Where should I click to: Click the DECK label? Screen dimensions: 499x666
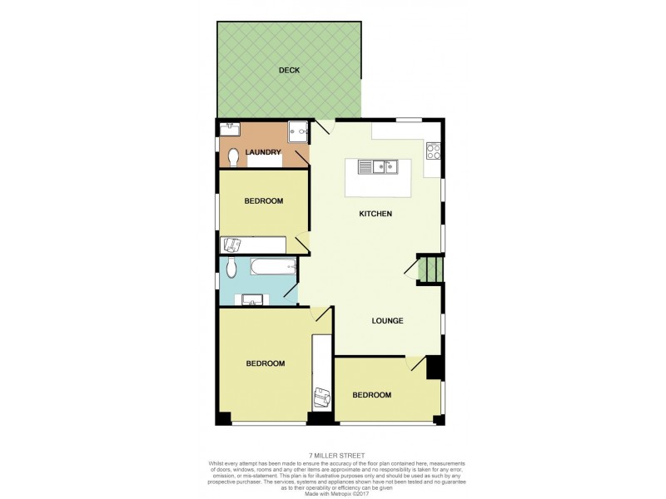pyautogui.click(x=289, y=71)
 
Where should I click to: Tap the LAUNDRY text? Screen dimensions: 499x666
pyautogui.click(x=264, y=152)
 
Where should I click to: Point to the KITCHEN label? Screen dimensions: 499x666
pyautogui.click(x=375, y=215)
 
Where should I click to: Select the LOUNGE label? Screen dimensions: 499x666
pyautogui.click(x=388, y=321)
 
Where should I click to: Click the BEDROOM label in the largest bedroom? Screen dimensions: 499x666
pyautogui.click(x=265, y=363)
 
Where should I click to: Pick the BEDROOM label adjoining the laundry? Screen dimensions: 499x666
pyautogui.click(x=264, y=201)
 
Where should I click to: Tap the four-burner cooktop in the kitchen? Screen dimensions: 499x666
pyautogui.click(x=433, y=151)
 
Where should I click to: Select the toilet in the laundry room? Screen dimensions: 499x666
pyautogui.click(x=233, y=156)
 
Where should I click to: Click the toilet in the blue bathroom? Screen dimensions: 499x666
pyautogui.click(x=231, y=267)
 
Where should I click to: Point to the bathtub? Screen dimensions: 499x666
pyautogui.click(x=271, y=267)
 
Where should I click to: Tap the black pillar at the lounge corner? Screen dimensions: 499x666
pyautogui.click(x=433, y=368)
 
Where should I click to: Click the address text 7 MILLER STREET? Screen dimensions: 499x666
pyautogui.click(x=332, y=455)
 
